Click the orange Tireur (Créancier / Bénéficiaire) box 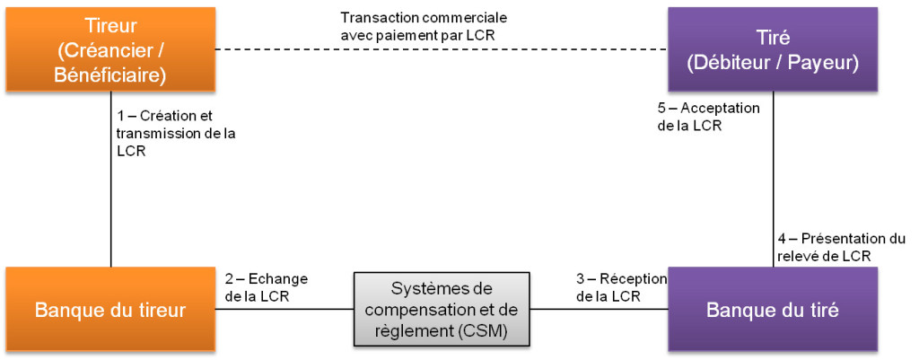point(109,49)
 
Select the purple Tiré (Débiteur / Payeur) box point(773,49)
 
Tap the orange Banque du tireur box point(109,310)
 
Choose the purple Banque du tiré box point(773,310)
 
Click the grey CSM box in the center point(442,310)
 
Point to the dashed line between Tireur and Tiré point(440,49)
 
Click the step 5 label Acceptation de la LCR point(708,117)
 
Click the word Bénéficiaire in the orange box point(110,75)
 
